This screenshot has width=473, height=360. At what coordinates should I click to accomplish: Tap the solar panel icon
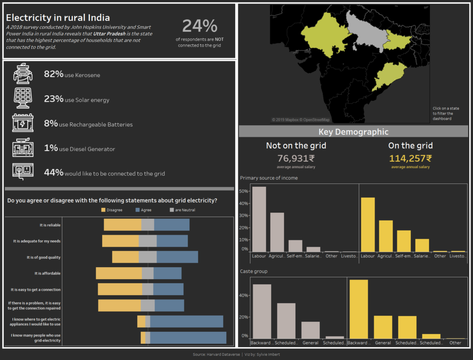pyautogui.click(x=23, y=98)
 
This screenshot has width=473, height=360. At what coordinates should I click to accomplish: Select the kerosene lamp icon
pyautogui.click(x=23, y=74)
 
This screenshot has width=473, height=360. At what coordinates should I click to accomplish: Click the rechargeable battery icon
pyautogui.click(x=23, y=123)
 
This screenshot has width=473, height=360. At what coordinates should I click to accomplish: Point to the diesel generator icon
pyautogui.click(x=23, y=148)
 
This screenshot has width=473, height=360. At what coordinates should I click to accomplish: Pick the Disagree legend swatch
pyautogui.click(x=103, y=210)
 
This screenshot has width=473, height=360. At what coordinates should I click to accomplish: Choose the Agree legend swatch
pyautogui.click(x=137, y=210)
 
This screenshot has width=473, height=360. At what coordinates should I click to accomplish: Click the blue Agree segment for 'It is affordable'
pyautogui.click(x=167, y=273)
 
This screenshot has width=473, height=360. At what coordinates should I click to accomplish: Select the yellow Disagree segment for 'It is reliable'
pyautogui.click(x=122, y=225)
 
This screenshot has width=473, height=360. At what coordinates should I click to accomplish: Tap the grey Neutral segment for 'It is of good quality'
pyautogui.click(x=148, y=257)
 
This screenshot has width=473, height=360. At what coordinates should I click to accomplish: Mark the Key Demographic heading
pyautogui.click(x=353, y=132)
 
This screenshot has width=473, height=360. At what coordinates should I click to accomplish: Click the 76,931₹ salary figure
pyautogui.click(x=296, y=158)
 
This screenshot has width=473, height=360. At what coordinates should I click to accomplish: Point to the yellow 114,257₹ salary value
pyautogui.click(x=410, y=158)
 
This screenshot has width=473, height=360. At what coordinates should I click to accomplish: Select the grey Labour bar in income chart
pyautogui.click(x=259, y=219)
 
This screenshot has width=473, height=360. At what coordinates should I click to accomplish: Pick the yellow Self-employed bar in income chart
pyautogui.click(x=404, y=241)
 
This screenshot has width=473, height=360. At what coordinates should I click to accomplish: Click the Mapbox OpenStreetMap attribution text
pyautogui.click(x=301, y=120)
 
